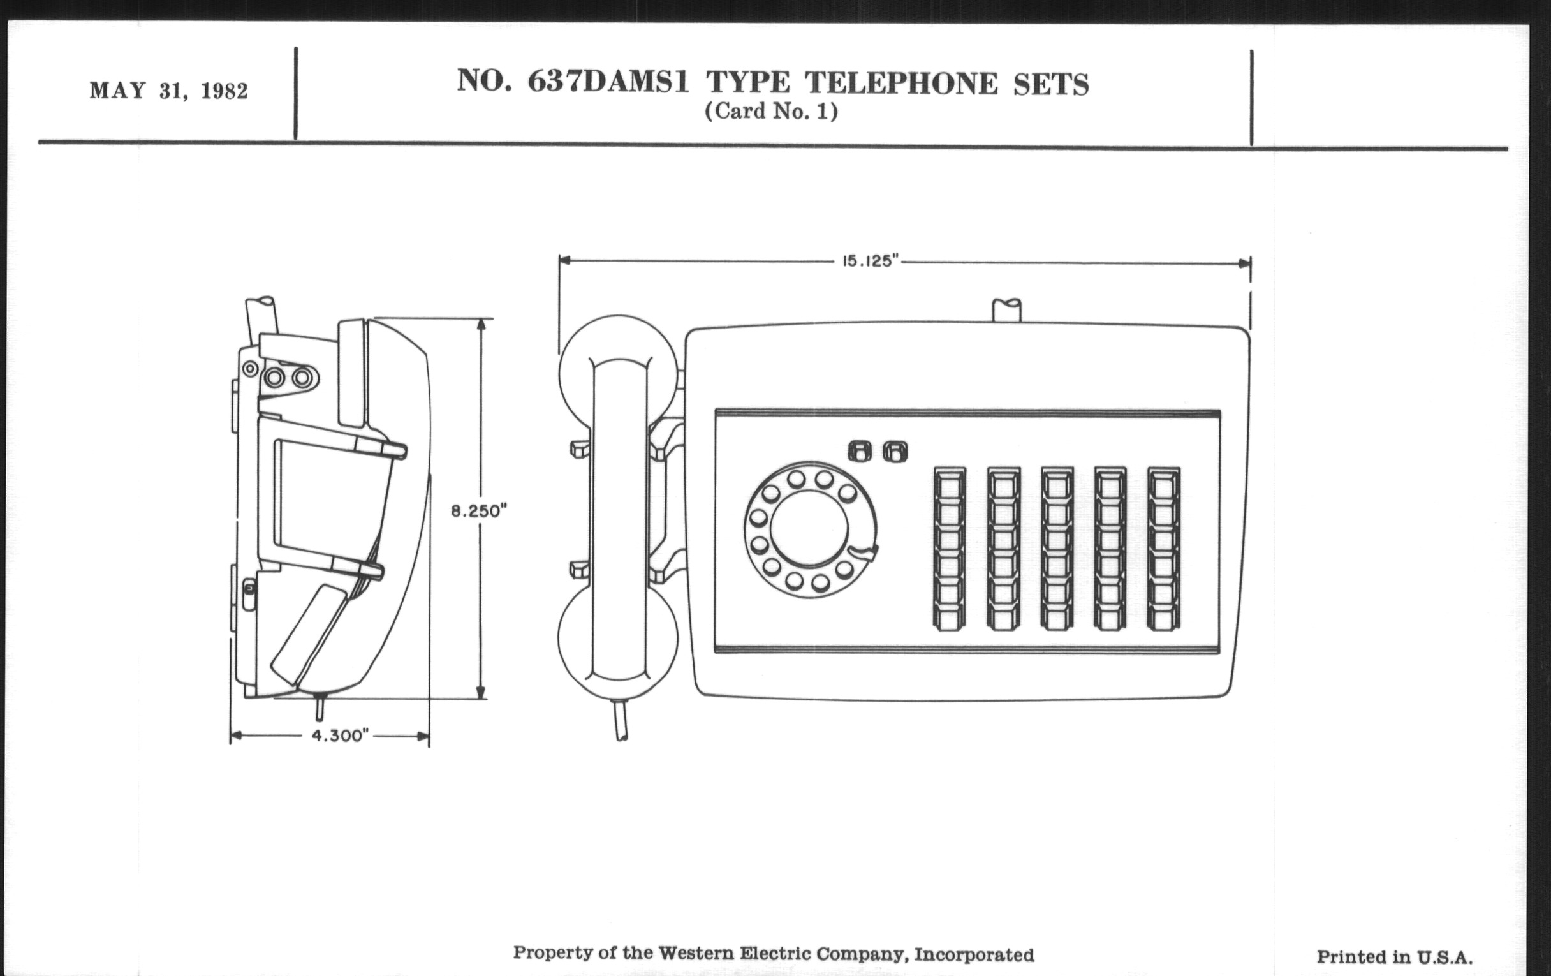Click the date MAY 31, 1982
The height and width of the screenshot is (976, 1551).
169,91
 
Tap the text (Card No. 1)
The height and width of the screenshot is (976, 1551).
771,112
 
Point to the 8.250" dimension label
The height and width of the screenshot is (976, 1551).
478,512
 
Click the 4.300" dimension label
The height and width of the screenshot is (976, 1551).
340,736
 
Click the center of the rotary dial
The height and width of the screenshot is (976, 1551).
809,529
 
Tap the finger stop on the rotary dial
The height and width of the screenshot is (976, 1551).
864,552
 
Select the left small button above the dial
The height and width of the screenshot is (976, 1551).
859,451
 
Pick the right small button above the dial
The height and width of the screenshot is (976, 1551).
895,451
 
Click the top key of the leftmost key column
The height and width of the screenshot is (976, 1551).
950,485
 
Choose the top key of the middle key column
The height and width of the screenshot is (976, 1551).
1057,485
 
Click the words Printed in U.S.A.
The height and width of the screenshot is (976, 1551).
1395,958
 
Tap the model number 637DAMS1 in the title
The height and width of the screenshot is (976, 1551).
608,82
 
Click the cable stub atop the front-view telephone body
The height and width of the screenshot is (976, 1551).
1006,310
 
